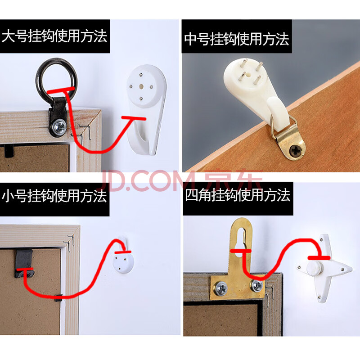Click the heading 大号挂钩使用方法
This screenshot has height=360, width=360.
[54, 36]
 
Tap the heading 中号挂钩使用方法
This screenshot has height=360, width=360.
[237, 39]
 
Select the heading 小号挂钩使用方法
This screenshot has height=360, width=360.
[54, 196]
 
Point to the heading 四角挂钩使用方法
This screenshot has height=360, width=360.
[238, 195]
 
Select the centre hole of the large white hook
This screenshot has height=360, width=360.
[141, 86]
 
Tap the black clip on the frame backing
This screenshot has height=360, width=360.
[24, 262]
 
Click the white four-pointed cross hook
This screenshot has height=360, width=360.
[324, 267]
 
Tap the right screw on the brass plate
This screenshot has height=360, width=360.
[257, 286]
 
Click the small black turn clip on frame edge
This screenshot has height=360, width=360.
[58, 297]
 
